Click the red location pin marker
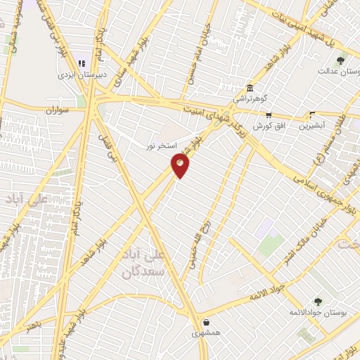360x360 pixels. [181, 165]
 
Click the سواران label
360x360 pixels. [60, 111]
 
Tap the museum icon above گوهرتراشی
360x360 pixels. [250, 88]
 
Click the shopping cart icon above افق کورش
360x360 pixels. [268, 115]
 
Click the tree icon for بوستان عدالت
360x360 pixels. [341, 60]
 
